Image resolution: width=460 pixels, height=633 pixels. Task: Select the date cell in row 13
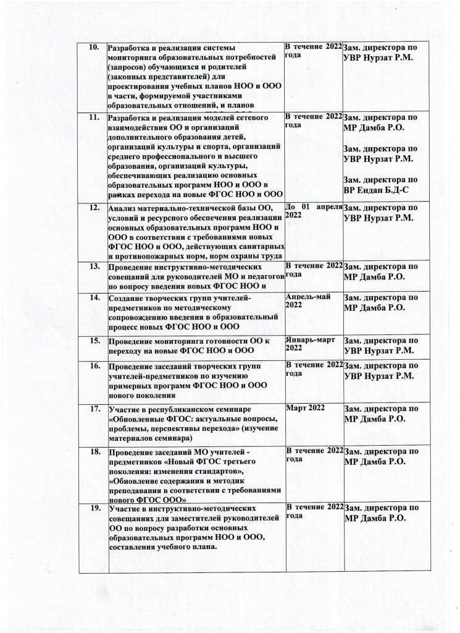(x=312, y=269)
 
